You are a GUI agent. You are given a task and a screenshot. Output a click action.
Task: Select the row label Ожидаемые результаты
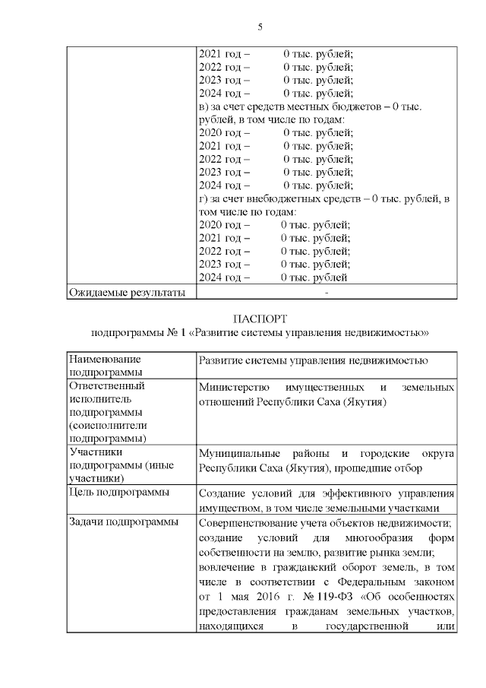tap(127, 292)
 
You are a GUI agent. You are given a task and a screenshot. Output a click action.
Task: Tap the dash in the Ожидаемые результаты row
tap(326, 293)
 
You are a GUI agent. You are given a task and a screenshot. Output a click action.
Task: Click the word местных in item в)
tap(311, 107)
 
